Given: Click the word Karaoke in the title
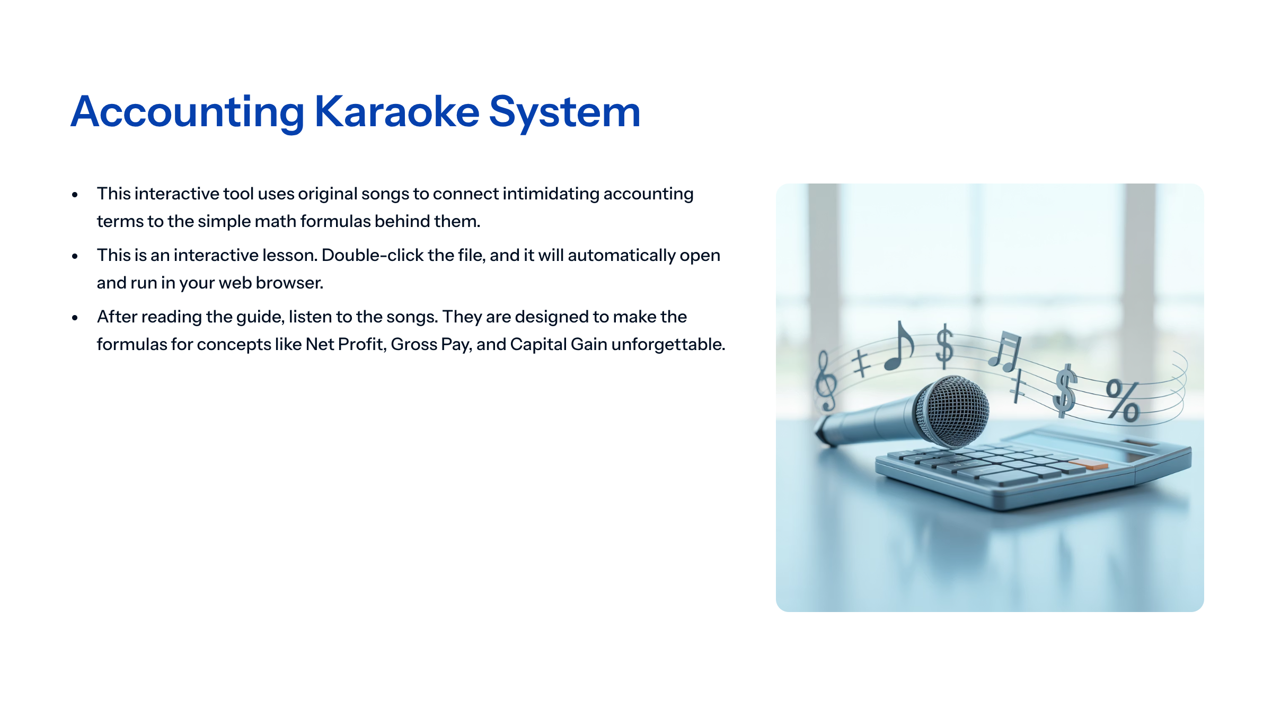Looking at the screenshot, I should point(396,112).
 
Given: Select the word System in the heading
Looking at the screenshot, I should point(564,112).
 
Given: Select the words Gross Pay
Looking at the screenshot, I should point(431,345).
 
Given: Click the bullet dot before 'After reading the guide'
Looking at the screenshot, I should point(75,318).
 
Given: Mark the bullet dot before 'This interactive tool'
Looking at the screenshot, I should point(75,195).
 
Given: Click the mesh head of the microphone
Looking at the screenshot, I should point(955,411).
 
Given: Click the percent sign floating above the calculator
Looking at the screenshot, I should point(1123,400).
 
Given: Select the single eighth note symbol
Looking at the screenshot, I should point(900,347).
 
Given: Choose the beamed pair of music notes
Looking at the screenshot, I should point(1005,351).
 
